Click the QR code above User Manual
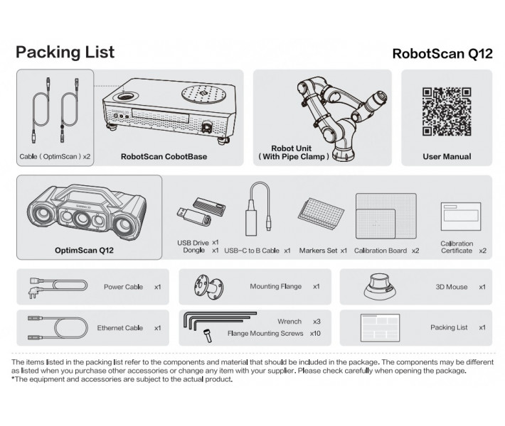(x=447, y=111)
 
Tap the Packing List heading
(x=65, y=52)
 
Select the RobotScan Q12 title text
(x=442, y=54)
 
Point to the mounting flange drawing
(x=208, y=287)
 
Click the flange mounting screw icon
(x=208, y=336)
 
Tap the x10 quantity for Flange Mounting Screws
(x=315, y=334)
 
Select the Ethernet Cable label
(x=119, y=328)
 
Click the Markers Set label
(x=318, y=251)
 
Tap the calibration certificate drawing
(x=461, y=217)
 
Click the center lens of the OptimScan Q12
(x=82, y=219)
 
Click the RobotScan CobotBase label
(x=164, y=157)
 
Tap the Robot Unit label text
(x=291, y=148)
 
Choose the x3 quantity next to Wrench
(x=317, y=322)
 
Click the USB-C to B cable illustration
(x=258, y=209)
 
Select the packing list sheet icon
(x=380, y=327)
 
